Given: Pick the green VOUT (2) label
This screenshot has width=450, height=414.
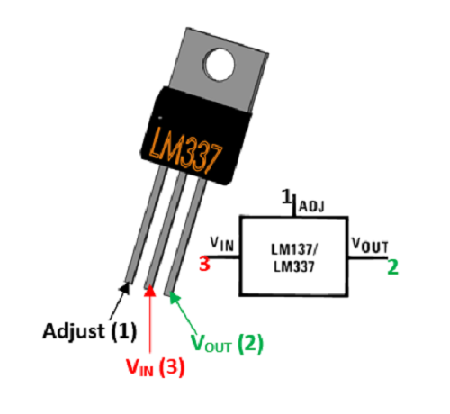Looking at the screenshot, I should (x=228, y=343).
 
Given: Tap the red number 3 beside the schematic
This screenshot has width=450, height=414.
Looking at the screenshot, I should (x=205, y=265).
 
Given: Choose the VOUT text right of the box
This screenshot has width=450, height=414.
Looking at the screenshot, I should (x=368, y=245).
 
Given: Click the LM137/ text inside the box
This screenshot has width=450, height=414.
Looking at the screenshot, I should (x=293, y=248).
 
